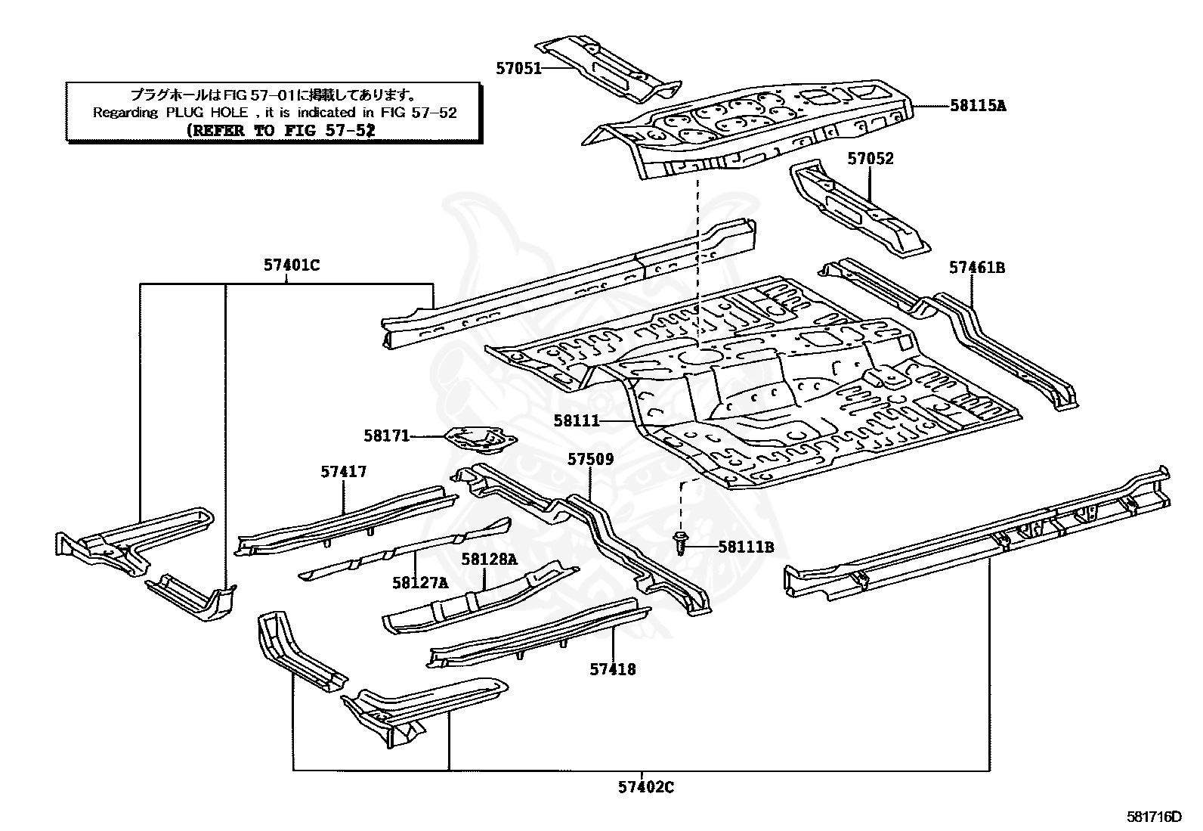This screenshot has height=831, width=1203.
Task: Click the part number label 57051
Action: click(518, 68)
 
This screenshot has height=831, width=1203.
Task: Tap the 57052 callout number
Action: click(870, 159)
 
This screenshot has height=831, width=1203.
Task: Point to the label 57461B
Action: click(976, 267)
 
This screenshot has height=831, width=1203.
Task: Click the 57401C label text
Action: click(292, 265)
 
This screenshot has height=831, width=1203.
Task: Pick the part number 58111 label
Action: click(576, 420)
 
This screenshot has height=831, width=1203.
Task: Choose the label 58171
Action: click(386, 436)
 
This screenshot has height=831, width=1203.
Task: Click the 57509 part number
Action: click(590, 459)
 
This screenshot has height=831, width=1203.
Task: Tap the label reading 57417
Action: click(343, 472)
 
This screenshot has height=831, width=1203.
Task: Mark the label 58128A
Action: click(489, 560)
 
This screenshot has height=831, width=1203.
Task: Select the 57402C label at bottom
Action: click(645, 787)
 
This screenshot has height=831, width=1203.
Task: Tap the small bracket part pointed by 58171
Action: click(478, 439)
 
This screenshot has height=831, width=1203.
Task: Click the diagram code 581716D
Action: click(1153, 817)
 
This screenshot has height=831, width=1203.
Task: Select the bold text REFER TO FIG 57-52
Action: click(280, 129)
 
